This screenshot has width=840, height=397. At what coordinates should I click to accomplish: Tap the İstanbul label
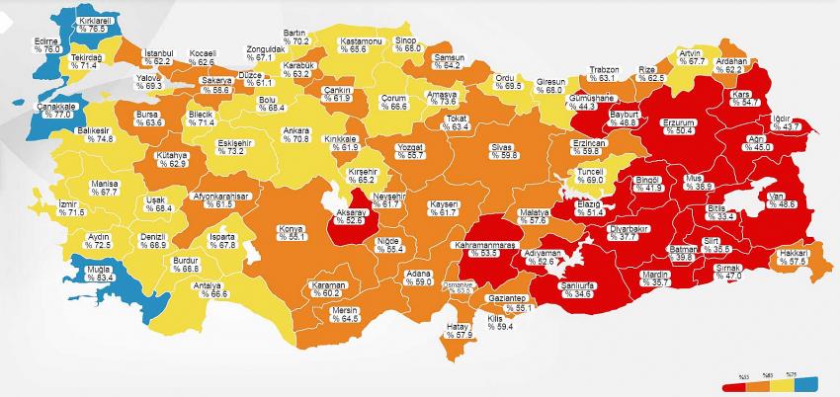(x=159, y=52)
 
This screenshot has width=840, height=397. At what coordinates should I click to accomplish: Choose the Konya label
(x=291, y=229)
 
